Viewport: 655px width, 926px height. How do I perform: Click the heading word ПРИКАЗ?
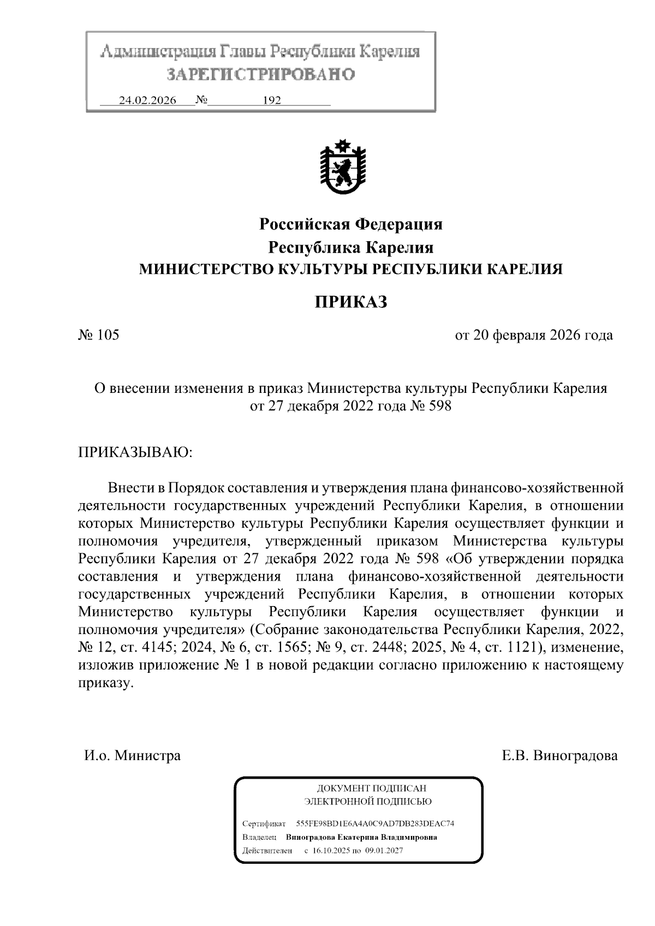pyautogui.click(x=350, y=301)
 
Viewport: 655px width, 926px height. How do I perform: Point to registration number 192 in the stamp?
pyautogui.click(x=272, y=101)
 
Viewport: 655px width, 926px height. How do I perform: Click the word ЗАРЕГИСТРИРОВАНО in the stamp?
pyautogui.click(x=260, y=75)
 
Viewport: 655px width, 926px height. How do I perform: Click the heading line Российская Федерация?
pyautogui.click(x=350, y=224)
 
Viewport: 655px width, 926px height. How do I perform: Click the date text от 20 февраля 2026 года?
pyautogui.click(x=533, y=334)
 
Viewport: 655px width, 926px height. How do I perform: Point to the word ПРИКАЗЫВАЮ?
pyautogui.click(x=135, y=452)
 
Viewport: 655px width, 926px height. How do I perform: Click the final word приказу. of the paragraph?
pyautogui.click(x=105, y=683)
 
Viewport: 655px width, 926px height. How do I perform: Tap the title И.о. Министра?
pyautogui.click(x=132, y=756)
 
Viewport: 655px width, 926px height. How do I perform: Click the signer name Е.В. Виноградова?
pyautogui.click(x=559, y=756)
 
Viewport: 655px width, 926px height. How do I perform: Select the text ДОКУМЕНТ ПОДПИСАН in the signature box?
pyautogui.click(x=371, y=788)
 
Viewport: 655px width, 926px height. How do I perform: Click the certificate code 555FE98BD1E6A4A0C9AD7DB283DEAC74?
pyautogui.click(x=375, y=823)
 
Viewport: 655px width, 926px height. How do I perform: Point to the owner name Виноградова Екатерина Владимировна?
pyautogui.click(x=361, y=837)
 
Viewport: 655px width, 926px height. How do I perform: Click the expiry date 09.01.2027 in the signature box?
pyautogui.click(x=384, y=851)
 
